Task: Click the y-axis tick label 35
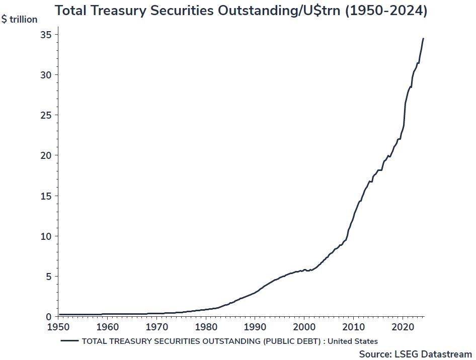pos(46,35)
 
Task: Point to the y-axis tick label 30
pos(46,75)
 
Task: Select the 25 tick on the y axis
pos(46,115)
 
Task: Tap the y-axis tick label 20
pos(46,155)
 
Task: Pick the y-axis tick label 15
pos(46,196)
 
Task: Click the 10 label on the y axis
pos(46,236)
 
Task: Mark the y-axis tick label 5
pos(48,277)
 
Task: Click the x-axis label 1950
pos(59,327)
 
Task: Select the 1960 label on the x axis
pos(108,327)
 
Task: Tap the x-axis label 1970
pos(157,327)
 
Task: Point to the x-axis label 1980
pos(206,327)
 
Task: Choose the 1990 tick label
pos(255,327)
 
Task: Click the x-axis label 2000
pos(304,327)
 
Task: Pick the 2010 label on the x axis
pos(353,327)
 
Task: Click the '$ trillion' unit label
pos(20,20)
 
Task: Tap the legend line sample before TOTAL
pos(70,341)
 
